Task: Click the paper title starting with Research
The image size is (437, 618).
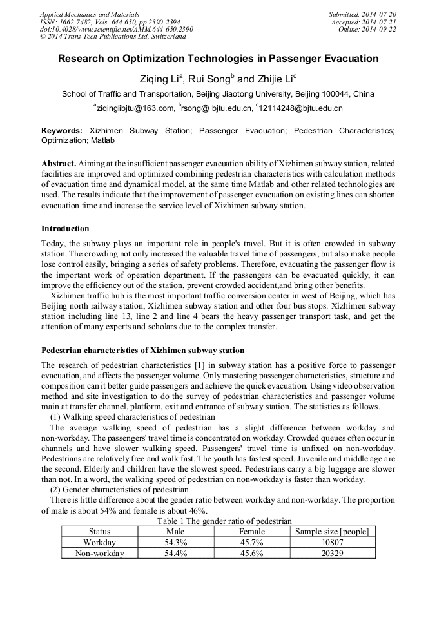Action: click(218, 59)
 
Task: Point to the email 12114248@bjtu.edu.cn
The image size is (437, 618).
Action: click(300, 108)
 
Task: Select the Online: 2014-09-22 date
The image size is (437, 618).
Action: click(367, 29)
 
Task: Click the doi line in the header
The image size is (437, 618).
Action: click(116, 29)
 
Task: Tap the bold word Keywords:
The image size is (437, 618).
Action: click(62, 131)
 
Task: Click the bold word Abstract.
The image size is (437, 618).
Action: click(59, 164)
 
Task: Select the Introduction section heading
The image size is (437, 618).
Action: click(65, 229)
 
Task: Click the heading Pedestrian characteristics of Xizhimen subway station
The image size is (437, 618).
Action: click(142, 351)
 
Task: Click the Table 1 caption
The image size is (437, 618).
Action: click(218, 521)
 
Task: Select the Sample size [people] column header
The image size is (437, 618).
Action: click(332, 532)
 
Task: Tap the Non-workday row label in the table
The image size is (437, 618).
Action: click(99, 553)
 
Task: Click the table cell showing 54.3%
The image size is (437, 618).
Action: click(175, 543)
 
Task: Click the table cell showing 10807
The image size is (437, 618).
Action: click(332, 543)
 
